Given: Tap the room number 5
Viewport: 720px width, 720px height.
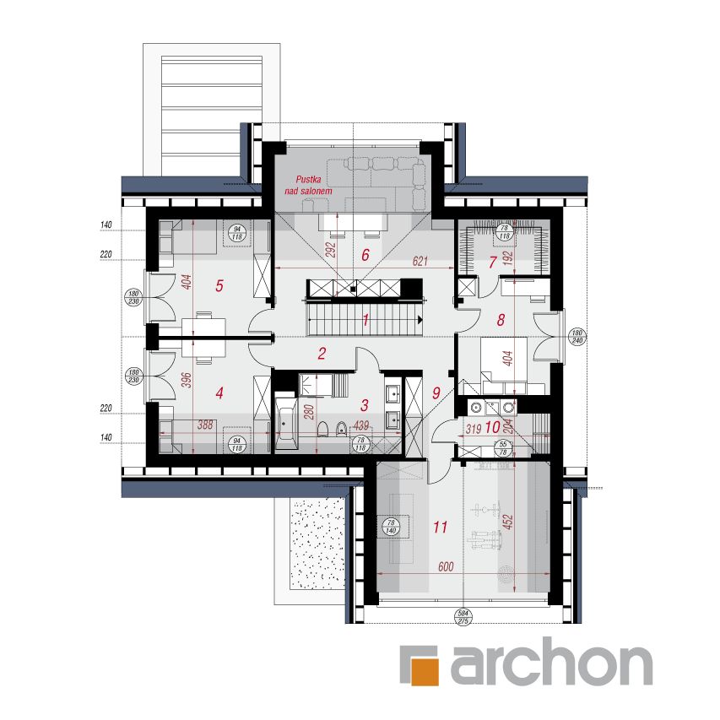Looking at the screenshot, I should pyautogui.click(x=219, y=285).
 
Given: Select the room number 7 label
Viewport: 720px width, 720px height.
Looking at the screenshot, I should pyautogui.click(x=493, y=260).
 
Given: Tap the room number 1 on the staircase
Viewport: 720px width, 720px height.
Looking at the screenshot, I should pyautogui.click(x=366, y=320).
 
